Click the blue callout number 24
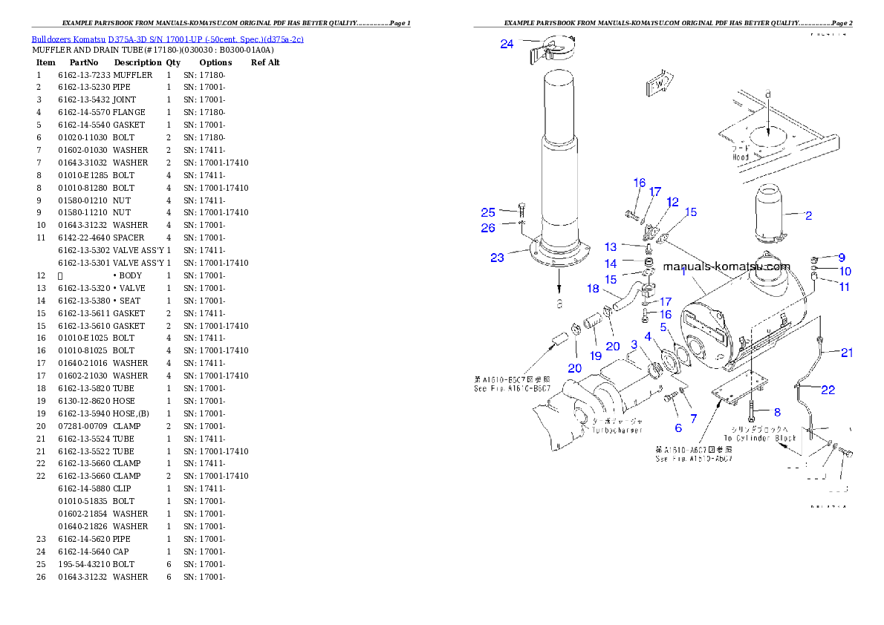(507, 45)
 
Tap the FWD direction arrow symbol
(659, 84)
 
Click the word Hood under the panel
(741, 157)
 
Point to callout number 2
(808, 216)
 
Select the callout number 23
(497, 258)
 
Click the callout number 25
(488, 212)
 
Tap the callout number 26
(488, 228)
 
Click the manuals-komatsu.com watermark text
(727, 266)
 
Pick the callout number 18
(593, 288)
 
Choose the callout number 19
(596, 356)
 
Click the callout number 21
(847, 353)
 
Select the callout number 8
(777, 412)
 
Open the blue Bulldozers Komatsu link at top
(167, 39)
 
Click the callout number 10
(845, 272)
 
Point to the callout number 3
(634, 344)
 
